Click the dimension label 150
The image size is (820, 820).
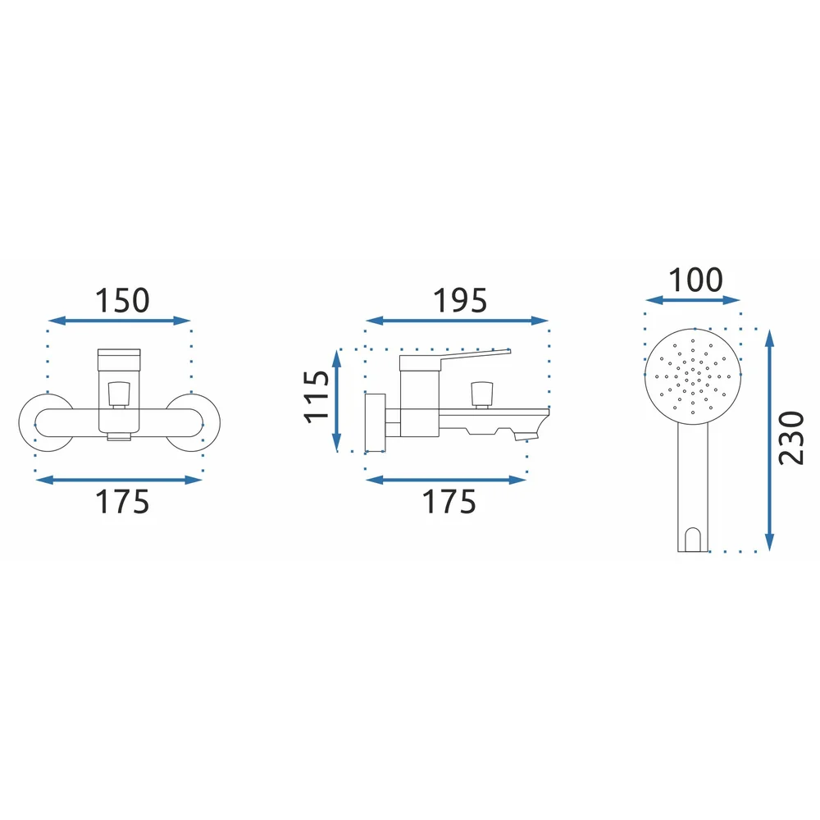pyautogui.click(x=122, y=300)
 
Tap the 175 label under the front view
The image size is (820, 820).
pyautogui.click(x=122, y=502)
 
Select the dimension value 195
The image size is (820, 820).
pyautogui.click(x=460, y=300)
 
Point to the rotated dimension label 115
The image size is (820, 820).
pyautogui.click(x=317, y=397)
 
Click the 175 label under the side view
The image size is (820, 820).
pyautogui.click(x=449, y=502)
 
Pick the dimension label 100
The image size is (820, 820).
pyautogui.click(x=695, y=280)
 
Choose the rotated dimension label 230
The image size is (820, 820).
pyautogui.click(x=790, y=438)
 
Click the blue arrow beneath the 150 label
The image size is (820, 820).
pyautogui.click(x=119, y=321)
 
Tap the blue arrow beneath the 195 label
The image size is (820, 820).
pyautogui.click(x=457, y=321)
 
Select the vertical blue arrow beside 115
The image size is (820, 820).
pyautogui.click(x=337, y=400)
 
